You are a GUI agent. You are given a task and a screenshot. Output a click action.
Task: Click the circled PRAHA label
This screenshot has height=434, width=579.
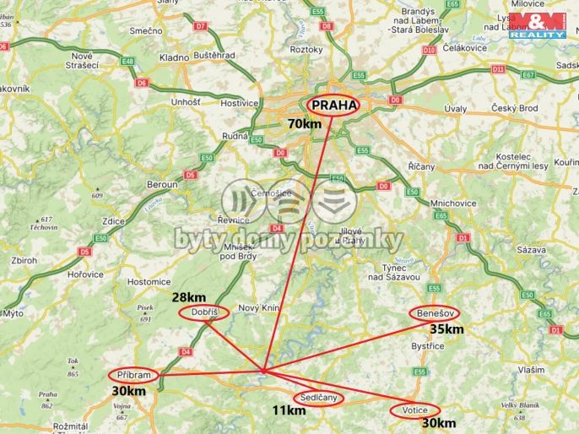tap(332, 105)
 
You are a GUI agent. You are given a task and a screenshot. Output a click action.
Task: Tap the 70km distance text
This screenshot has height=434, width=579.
tap(305, 124)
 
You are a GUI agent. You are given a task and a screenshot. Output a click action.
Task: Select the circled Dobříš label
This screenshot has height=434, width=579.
tap(204, 312)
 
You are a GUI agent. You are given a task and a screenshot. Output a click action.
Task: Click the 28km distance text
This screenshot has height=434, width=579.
tap(188, 297)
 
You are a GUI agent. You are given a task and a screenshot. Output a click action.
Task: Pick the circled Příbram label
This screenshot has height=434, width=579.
tap(133, 375)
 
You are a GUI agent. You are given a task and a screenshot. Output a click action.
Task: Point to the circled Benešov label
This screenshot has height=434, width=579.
tap(435, 312)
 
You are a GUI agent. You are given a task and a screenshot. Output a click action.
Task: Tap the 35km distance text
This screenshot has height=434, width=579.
tap(446, 329)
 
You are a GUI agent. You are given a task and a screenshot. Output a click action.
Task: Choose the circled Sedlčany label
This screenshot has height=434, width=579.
tap(319, 397)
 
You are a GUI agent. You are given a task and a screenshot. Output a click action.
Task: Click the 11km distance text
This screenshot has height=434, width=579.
tap(289, 411)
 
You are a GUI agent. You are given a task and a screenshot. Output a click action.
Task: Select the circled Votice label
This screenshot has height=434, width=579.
tap(414, 410)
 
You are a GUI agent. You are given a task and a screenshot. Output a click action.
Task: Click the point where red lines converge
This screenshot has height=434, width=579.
tap(263, 370)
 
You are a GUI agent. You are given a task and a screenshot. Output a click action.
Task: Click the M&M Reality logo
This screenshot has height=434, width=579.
tap(537, 24)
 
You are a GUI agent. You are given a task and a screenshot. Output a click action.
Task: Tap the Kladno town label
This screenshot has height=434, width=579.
tap(174, 57)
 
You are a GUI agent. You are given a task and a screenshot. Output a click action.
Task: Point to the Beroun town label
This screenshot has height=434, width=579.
tap(162, 184)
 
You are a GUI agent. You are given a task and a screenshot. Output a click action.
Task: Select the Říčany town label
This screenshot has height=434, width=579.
tap(421, 166)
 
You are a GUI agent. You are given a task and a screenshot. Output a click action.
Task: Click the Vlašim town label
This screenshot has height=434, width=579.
tap(531, 370)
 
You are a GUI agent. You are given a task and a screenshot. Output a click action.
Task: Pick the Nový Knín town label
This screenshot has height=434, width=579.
tap(258, 308)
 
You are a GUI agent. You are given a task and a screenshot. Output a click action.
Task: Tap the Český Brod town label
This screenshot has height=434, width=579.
tap(516, 108)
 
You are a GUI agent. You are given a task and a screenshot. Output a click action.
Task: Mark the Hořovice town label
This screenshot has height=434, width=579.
tap(86, 274)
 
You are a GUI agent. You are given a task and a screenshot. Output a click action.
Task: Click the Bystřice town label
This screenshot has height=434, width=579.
tap(427, 346)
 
